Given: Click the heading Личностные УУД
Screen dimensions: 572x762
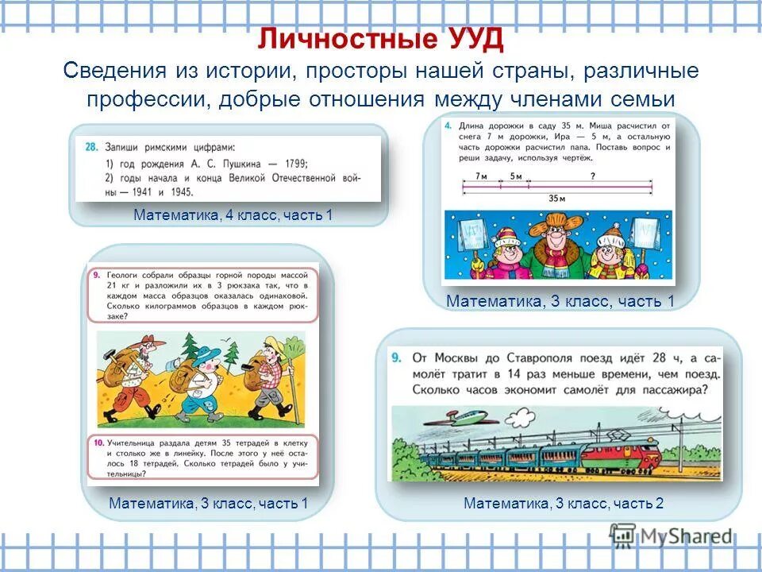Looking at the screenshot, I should click(381, 40).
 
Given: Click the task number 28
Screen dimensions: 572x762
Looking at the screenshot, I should click(90, 147).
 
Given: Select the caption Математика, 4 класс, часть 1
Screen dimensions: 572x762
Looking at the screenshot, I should click(233, 215).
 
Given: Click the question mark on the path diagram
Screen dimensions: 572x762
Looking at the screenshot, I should click(592, 176).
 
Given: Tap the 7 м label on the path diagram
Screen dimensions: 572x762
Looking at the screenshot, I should click(480, 176).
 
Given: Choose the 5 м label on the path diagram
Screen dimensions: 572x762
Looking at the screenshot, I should click(516, 176).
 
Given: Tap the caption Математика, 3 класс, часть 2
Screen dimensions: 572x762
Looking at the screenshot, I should click(563, 504).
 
